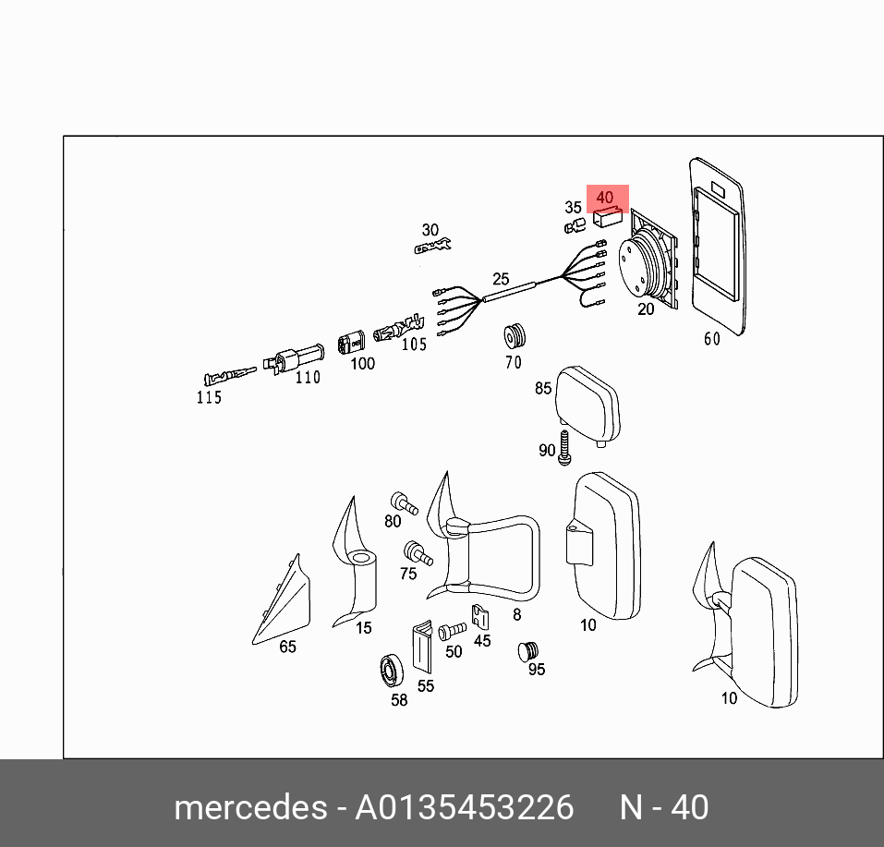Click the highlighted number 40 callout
605,198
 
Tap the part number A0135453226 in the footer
465,807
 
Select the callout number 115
209,397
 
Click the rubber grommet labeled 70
514,337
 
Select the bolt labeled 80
404,503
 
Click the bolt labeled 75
417,555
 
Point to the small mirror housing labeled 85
586,402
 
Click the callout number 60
711,339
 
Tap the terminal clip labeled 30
431,247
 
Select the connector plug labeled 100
352,342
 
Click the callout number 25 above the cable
501,278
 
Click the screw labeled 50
451,632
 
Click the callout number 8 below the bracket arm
516,614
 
